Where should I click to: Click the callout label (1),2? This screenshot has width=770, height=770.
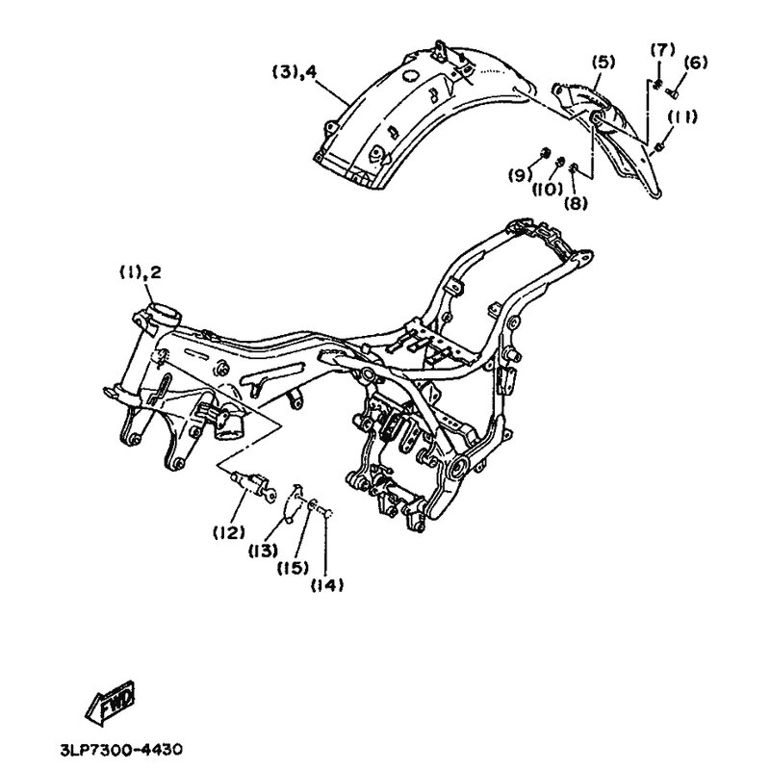[x=140, y=273]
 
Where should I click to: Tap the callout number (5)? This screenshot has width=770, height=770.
[x=603, y=63]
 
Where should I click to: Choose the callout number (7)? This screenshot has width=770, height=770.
[x=662, y=51]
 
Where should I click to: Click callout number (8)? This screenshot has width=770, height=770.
[x=576, y=203]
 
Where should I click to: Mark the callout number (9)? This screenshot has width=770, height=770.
[x=520, y=175]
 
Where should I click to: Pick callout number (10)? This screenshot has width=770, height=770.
[x=548, y=189]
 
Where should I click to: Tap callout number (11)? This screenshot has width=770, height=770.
[x=682, y=117]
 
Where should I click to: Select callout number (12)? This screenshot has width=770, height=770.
[x=229, y=533]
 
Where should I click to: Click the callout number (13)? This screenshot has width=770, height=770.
[x=263, y=552]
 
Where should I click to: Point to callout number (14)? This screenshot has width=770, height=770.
[x=327, y=585]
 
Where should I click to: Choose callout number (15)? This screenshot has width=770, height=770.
[x=294, y=568]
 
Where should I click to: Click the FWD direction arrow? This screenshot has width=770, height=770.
[x=111, y=704]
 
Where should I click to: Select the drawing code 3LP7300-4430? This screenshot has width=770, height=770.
[x=121, y=750]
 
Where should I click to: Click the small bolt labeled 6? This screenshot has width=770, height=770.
[x=672, y=91]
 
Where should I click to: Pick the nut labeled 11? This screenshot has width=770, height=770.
[x=660, y=146]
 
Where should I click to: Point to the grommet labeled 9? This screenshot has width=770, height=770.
[x=544, y=153]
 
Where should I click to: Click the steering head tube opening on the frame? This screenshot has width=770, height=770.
[x=163, y=313]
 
